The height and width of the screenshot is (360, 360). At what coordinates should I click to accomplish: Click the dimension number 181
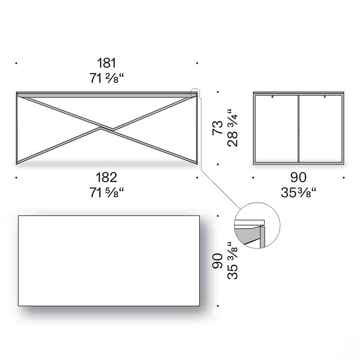click(x=107, y=63)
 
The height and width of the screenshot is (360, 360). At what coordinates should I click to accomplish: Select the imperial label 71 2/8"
click(x=107, y=78)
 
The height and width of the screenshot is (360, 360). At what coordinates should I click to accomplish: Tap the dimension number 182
click(x=107, y=177)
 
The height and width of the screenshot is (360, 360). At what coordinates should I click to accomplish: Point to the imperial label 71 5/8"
click(x=107, y=192)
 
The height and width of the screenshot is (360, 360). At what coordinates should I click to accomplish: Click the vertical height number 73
click(x=217, y=127)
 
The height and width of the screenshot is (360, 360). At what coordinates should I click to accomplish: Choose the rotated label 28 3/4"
click(x=232, y=128)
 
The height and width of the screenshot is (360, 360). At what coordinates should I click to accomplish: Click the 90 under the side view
click(x=298, y=177)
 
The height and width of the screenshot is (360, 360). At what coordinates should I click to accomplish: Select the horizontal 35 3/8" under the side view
click(x=298, y=192)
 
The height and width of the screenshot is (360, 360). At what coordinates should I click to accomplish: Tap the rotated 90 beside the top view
click(x=217, y=261)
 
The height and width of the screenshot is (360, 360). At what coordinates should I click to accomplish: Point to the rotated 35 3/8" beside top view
click(x=232, y=260)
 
